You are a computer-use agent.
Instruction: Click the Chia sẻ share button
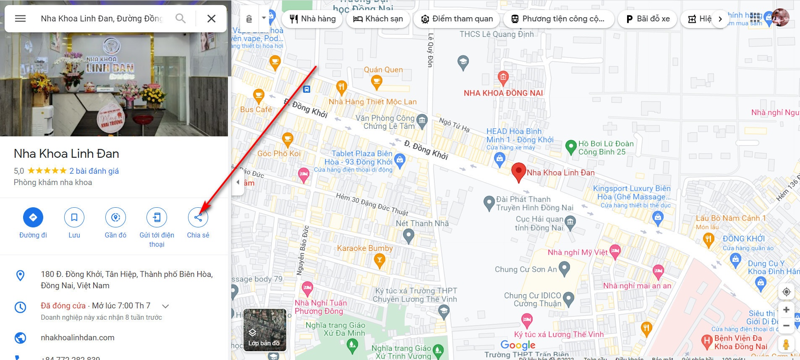coord(198,217)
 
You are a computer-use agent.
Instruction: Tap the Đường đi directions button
coord(33,217)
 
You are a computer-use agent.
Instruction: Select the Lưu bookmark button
coord(74,217)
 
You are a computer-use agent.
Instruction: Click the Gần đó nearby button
coord(115,217)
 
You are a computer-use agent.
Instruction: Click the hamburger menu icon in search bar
coord(21,18)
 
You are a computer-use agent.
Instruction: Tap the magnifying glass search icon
coord(180,18)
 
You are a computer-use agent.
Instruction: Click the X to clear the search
coord(212,18)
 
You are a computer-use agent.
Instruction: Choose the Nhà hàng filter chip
coord(313,19)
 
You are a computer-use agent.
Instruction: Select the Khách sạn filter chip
coord(378,19)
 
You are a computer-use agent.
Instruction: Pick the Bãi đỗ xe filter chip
coord(648,19)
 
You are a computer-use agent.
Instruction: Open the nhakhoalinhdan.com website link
coord(78,337)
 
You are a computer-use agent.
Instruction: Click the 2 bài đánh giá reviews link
coord(94,171)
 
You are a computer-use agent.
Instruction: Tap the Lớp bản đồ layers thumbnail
coord(264,330)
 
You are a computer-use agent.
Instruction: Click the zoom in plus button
coord(786,310)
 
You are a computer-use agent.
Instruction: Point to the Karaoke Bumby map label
coord(365,248)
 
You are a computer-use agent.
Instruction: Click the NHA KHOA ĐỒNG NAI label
coord(503,93)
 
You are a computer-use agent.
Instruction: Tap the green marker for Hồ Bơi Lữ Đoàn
coord(571,147)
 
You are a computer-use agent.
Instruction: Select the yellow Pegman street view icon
coord(786,344)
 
